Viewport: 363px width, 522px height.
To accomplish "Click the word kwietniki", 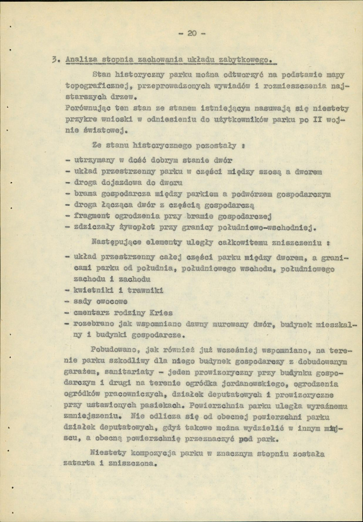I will [91, 290].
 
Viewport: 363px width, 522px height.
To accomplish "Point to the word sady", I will [83, 301].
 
